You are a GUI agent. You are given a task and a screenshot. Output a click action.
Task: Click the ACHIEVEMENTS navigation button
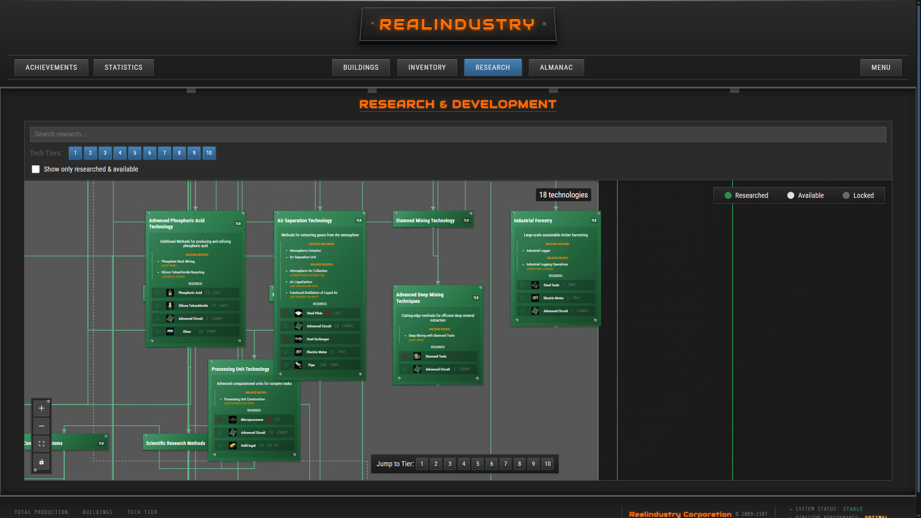point(51,68)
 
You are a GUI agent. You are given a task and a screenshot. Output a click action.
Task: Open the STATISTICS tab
point(123,68)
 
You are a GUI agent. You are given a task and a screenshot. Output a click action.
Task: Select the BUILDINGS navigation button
point(361,68)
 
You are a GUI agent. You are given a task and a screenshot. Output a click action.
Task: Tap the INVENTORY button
point(427,68)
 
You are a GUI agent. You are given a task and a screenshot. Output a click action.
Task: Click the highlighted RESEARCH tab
point(493,68)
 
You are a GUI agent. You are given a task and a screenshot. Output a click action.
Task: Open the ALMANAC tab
point(556,68)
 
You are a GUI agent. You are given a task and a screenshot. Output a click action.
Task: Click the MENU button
point(881,68)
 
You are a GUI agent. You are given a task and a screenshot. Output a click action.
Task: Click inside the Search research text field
point(458,134)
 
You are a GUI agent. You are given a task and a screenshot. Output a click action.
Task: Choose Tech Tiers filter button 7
point(165,153)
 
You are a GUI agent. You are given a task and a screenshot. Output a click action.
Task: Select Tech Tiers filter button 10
point(209,153)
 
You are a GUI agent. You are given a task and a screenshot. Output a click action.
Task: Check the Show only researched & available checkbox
point(36,169)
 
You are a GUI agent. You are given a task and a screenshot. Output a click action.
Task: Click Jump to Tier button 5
point(478,464)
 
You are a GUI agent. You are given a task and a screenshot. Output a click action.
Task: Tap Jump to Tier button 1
point(422,464)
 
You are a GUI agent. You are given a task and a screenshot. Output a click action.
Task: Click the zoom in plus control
point(42,408)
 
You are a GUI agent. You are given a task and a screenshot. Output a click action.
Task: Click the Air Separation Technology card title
point(305,221)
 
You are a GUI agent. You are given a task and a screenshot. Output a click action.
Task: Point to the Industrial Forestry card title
point(533,221)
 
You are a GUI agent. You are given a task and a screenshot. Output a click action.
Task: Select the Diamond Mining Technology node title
point(425,221)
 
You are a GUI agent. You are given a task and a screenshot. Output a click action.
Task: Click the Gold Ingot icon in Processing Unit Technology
point(233,446)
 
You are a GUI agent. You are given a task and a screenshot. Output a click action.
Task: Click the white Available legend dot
point(791,196)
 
